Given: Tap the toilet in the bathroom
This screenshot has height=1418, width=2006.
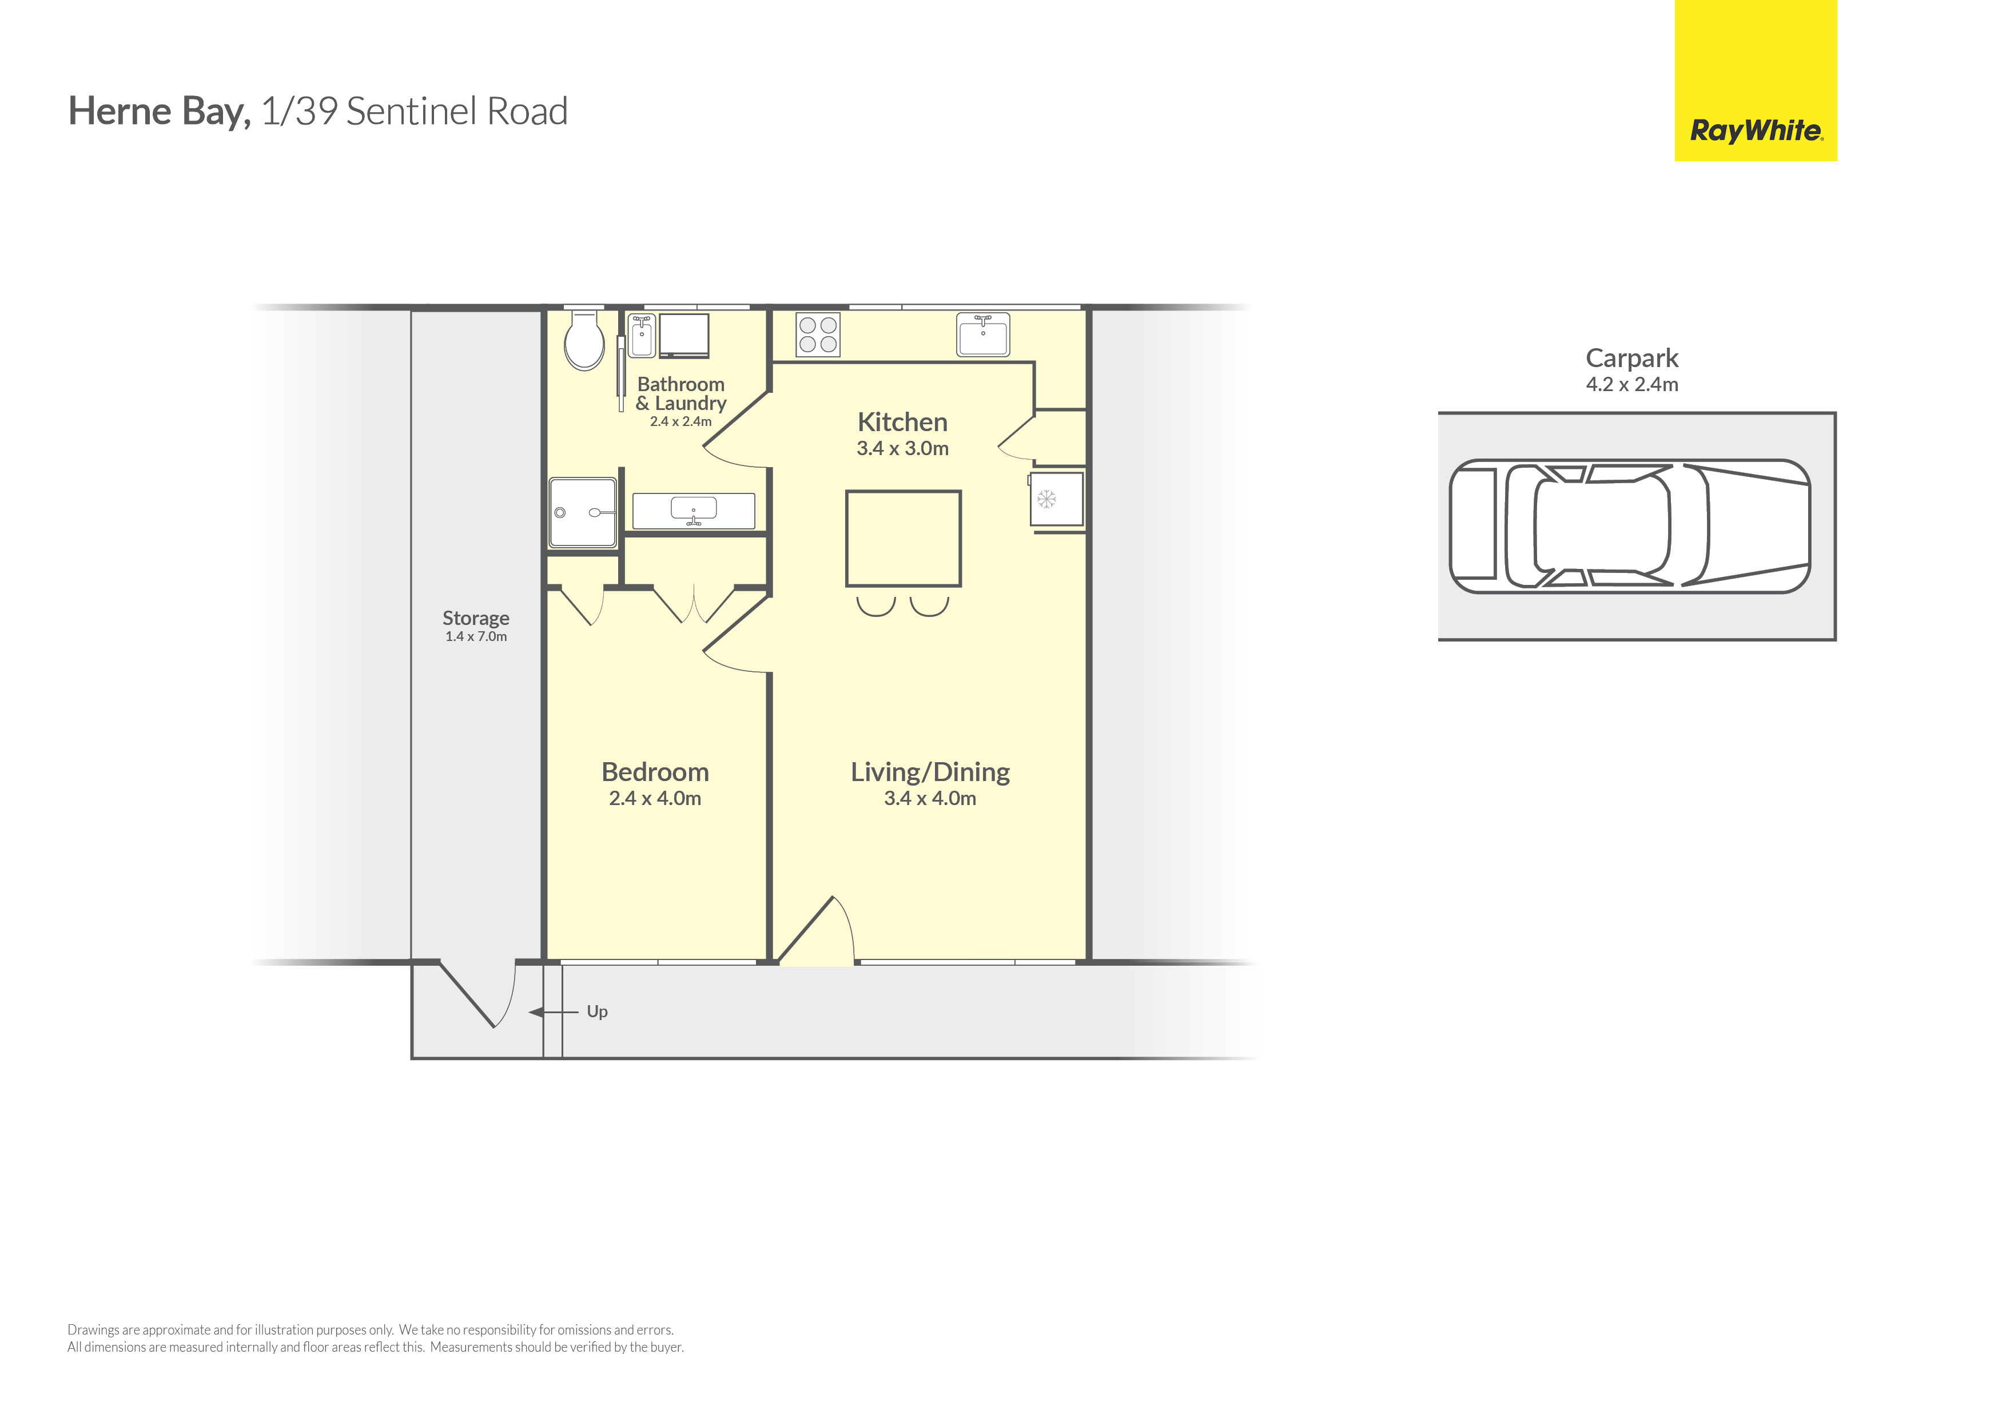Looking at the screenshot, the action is click(x=584, y=341).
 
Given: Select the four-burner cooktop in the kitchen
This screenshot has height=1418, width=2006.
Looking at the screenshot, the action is click(x=818, y=334).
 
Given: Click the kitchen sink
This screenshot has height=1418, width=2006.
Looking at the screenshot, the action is click(x=983, y=334).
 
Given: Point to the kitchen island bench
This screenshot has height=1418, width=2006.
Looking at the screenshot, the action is click(x=904, y=538).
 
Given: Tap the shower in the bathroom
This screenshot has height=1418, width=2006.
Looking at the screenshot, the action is click(x=583, y=512).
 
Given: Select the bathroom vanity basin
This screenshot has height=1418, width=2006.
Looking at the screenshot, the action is click(x=694, y=509).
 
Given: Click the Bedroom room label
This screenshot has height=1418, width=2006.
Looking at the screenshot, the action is click(x=655, y=772).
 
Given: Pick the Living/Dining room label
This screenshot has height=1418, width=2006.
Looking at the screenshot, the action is click(x=930, y=772).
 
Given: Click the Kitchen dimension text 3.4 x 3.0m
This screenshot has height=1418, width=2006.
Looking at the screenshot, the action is click(x=902, y=448).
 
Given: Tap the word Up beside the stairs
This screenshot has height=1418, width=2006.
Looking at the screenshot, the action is click(x=597, y=1011).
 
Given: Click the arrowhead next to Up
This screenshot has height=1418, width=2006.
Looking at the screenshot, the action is click(x=536, y=1011).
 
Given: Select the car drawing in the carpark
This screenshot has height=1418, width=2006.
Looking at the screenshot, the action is click(x=1629, y=526).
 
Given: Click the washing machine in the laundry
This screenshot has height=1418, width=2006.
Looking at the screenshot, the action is click(x=683, y=336).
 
